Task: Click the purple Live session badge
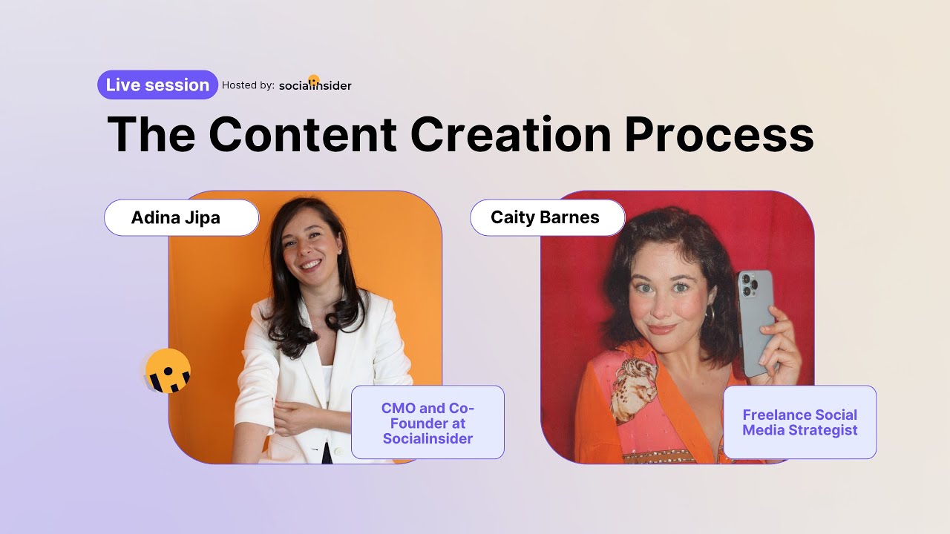tap(157, 85)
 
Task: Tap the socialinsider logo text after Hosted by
tap(315, 86)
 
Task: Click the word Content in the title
tap(302, 134)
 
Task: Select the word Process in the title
tap(718, 134)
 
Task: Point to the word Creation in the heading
tap(511, 134)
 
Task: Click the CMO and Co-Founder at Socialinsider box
tap(427, 423)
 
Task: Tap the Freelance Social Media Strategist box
tap(799, 423)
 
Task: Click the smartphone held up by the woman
tap(756, 323)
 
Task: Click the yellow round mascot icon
tap(168, 370)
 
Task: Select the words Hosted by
tap(248, 86)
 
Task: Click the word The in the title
tap(151, 134)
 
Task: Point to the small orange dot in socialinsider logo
tap(314, 79)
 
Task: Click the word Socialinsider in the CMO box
tap(427, 438)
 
